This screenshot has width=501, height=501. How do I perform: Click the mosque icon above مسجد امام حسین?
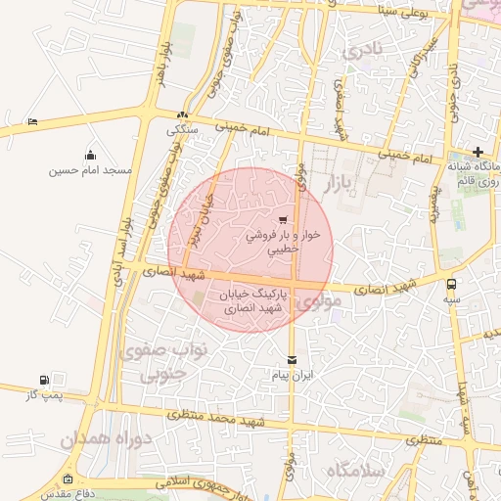point(91,155)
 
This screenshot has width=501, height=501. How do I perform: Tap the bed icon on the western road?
point(33,122)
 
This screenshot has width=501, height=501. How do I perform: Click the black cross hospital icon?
point(478,152)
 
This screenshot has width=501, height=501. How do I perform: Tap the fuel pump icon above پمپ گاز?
point(43,380)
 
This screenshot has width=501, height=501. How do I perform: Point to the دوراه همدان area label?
point(102,438)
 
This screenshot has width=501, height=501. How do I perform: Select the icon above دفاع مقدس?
point(68,479)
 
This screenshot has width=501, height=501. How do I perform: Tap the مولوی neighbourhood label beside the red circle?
point(321,300)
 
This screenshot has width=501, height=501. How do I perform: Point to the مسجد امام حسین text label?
point(91,170)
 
